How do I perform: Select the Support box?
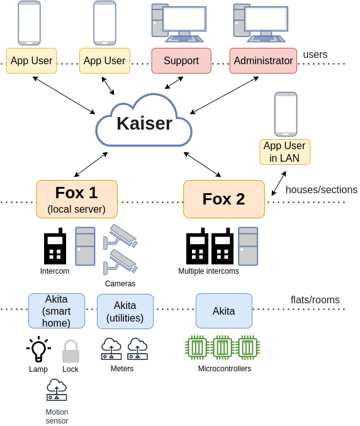[181, 60]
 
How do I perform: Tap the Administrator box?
[263, 60]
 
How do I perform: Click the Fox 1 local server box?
[77, 199]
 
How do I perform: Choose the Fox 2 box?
[224, 199]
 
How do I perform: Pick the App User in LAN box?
[284, 152]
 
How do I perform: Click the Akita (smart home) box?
[57, 311]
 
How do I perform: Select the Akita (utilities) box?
[125, 311]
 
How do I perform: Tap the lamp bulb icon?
[38, 349]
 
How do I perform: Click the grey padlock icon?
[70, 351]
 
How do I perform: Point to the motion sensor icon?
[57, 390]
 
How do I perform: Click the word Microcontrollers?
[225, 369]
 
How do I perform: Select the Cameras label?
[120, 284]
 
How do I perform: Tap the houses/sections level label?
[322, 189]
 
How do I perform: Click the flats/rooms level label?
[315, 300]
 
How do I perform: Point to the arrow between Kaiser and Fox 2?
[203, 164]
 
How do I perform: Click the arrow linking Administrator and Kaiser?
[225, 95]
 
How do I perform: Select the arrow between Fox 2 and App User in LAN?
[279, 183]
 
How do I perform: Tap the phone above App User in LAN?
[286, 114]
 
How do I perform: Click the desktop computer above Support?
[179, 23]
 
